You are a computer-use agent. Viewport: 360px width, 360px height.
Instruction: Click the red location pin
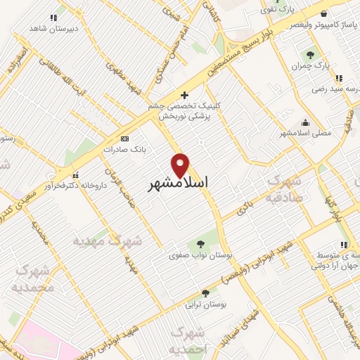[181, 165]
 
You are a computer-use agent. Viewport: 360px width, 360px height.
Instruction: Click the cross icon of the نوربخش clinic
[184, 95]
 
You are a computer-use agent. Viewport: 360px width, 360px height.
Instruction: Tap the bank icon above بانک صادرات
[125, 139]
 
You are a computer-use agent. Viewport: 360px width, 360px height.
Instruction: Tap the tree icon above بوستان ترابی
[205, 292]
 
